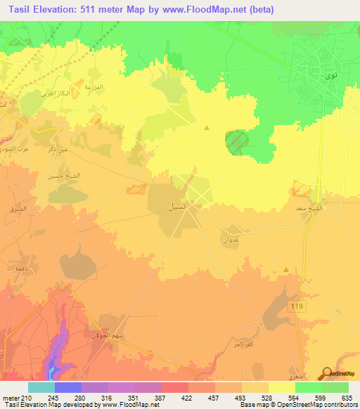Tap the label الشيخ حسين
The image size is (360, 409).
tap(58, 177)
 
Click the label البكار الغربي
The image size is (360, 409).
tap(57, 93)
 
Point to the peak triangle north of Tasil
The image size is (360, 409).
tap(206, 128)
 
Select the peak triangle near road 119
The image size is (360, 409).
tap(285, 270)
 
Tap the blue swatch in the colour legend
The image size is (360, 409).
tap(67, 387)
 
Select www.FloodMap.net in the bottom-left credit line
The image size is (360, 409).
tap(117, 404)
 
